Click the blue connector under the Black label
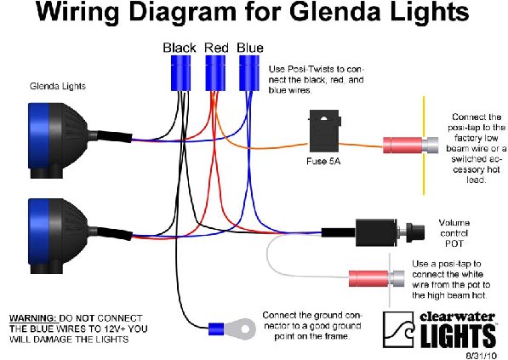tap(180, 73)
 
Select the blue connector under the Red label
tap(215, 73)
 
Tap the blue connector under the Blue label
tap(249, 73)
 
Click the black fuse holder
tap(324, 131)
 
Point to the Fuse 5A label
tap(323, 161)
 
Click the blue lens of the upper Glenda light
tap(39, 136)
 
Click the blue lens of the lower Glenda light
tap(39, 231)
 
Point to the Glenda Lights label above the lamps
tap(58, 86)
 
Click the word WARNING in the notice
tap(31, 318)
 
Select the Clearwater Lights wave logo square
tap(398, 329)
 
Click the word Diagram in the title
tap(183, 13)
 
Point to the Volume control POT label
tap(454, 233)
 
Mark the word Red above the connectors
tap(216, 48)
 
